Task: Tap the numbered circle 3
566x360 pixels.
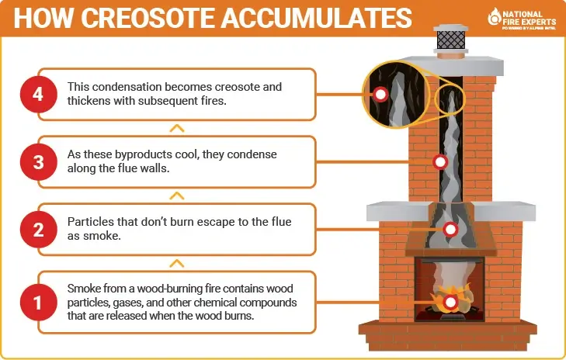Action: click(38, 163)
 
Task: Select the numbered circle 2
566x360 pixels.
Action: click(38, 230)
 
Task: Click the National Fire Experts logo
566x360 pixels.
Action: click(520, 17)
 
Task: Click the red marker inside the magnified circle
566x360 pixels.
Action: click(380, 95)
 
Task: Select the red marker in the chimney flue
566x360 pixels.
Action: click(440, 162)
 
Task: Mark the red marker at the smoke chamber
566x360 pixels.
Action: click(450, 229)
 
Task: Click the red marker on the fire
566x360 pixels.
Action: click(450, 302)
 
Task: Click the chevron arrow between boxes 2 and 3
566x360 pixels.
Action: click(177, 196)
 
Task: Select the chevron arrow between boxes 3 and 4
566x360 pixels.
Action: click(177, 127)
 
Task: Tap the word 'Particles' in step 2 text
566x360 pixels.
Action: click(90, 222)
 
